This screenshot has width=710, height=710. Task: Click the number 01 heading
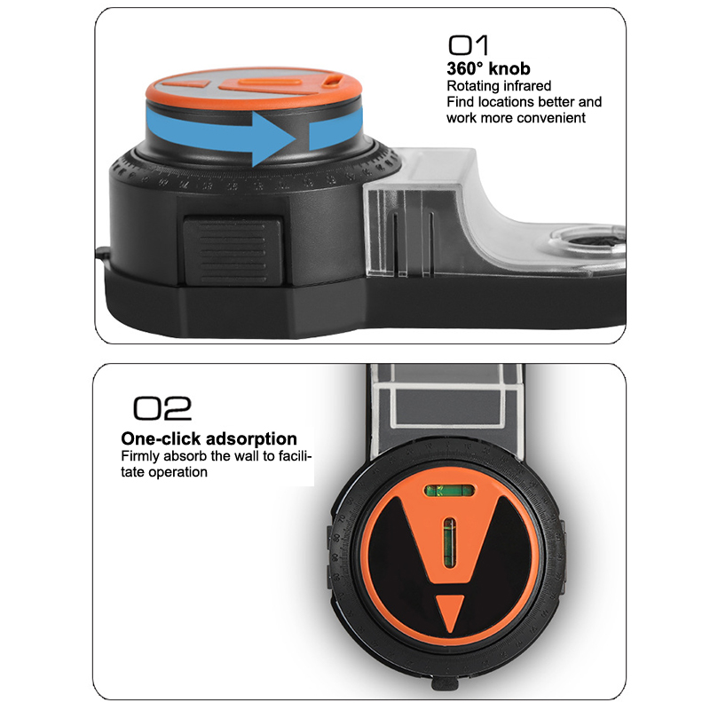(469, 45)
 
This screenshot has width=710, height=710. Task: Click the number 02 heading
(162, 408)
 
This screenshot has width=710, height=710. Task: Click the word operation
(178, 472)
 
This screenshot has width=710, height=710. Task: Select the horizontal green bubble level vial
(450, 491)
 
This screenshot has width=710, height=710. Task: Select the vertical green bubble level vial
(449, 542)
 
